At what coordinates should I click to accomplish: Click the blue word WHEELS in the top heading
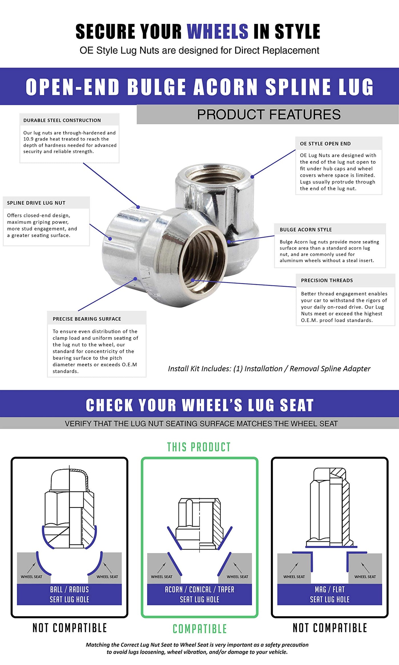(x=217, y=31)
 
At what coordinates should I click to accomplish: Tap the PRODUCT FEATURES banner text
(x=268, y=115)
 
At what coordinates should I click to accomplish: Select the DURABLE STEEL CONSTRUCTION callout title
(x=62, y=120)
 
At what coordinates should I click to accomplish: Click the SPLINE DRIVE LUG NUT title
(x=36, y=203)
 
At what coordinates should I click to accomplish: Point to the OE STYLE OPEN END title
(x=325, y=144)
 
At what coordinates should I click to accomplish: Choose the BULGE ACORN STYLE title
(x=306, y=229)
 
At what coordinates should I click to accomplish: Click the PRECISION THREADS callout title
(x=327, y=280)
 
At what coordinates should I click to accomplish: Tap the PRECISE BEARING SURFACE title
(x=87, y=319)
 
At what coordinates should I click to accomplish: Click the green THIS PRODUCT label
(x=199, y=447)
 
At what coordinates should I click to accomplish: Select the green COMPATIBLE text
(x=199, y=629)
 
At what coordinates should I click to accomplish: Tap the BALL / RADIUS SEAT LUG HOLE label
(x=69, y=594)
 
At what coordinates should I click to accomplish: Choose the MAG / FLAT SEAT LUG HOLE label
(x=329, y=594)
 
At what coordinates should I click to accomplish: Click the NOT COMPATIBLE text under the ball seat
(x=70, y=628)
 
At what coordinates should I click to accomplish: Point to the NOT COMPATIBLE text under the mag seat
(x=330, y=628)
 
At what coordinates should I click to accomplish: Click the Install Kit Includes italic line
(x=269, y=369)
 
